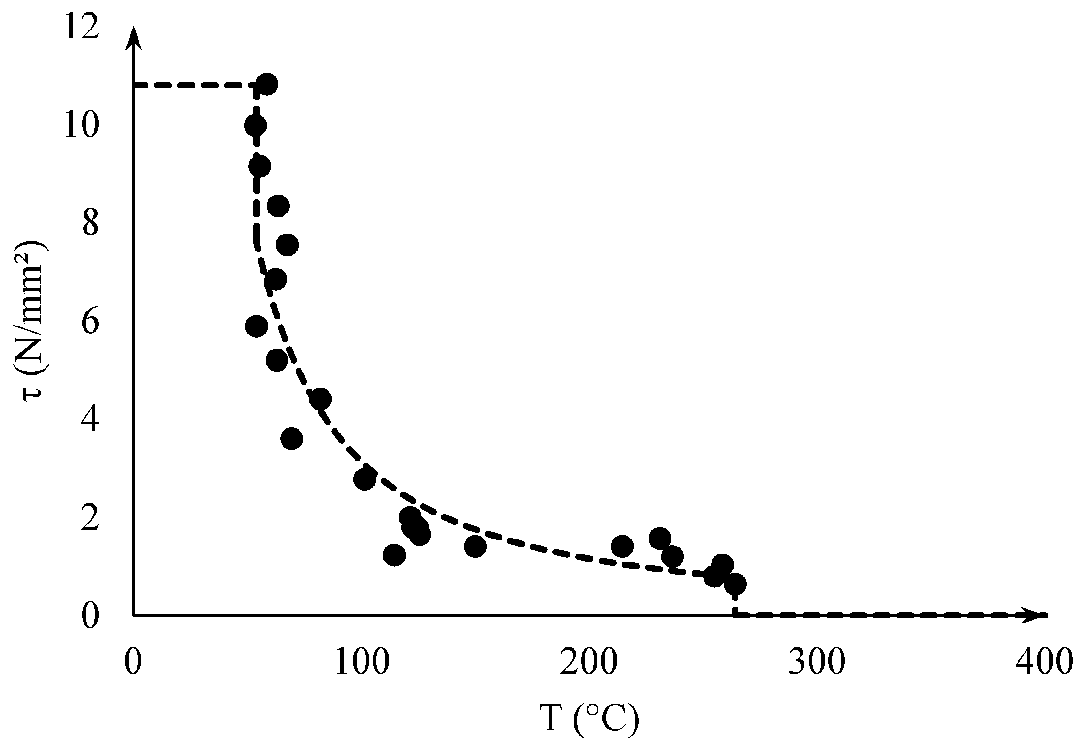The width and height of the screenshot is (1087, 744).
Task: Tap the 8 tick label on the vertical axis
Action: tap(90, 224)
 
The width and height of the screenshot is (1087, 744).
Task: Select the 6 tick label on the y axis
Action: tap(90, 322)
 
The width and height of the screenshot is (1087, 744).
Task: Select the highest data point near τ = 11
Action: tap(267, 84)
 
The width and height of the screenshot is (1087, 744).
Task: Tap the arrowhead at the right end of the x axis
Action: tap(1035, 615)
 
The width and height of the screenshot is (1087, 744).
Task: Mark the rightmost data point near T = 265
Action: tap(735, 584)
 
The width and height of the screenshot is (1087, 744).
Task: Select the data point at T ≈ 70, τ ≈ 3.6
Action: tap(291, 439)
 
